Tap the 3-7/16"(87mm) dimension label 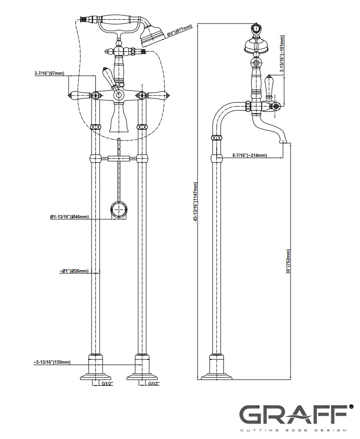(x=49, y=73)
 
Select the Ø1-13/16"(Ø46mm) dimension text (x=70, y=217)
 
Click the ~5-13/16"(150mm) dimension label (x=52, y=362)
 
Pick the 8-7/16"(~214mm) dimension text (x=250, y=155)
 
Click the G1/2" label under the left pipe (x=108, y=384)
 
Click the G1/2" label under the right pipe (x=153, y=384)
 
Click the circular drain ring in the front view (x=119, y=209)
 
